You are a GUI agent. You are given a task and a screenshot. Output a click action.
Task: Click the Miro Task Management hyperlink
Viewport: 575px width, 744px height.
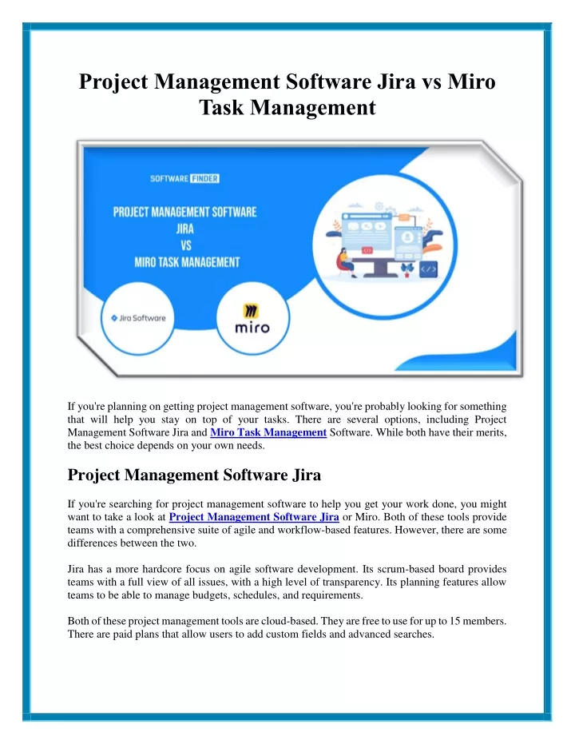tap(268, 432)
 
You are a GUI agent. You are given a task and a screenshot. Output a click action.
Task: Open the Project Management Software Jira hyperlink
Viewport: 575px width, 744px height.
tap(254, 517)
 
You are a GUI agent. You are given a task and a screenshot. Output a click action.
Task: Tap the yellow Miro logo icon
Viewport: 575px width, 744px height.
tap(251, 312)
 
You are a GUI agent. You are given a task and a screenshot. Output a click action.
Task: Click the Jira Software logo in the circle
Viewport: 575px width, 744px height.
tap(138, 318)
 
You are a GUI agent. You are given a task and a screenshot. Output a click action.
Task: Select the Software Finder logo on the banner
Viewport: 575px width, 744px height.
tap(184, 178)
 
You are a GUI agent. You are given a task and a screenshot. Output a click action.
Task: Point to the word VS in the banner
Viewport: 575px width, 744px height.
tap(186, 245)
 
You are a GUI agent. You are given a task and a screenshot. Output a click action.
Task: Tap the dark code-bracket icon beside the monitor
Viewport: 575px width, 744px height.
tap(429, 269)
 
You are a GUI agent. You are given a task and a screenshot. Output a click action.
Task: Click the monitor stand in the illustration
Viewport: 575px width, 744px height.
tap(380, 269)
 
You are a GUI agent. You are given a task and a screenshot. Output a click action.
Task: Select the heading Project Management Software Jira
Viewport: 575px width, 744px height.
tap(194, 475)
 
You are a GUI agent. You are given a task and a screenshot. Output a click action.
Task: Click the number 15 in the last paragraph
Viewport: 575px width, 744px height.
tap(454, 621)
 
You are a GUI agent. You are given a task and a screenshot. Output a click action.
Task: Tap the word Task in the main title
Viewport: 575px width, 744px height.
tap(221, 107)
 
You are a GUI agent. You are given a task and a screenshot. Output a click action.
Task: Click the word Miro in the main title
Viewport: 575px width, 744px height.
tap(471, 82)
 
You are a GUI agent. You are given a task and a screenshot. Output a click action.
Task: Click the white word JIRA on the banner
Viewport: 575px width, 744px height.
tap(184, 229)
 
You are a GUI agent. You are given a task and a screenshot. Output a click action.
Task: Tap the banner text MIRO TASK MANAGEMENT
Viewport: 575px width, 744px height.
tap(187, 262)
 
